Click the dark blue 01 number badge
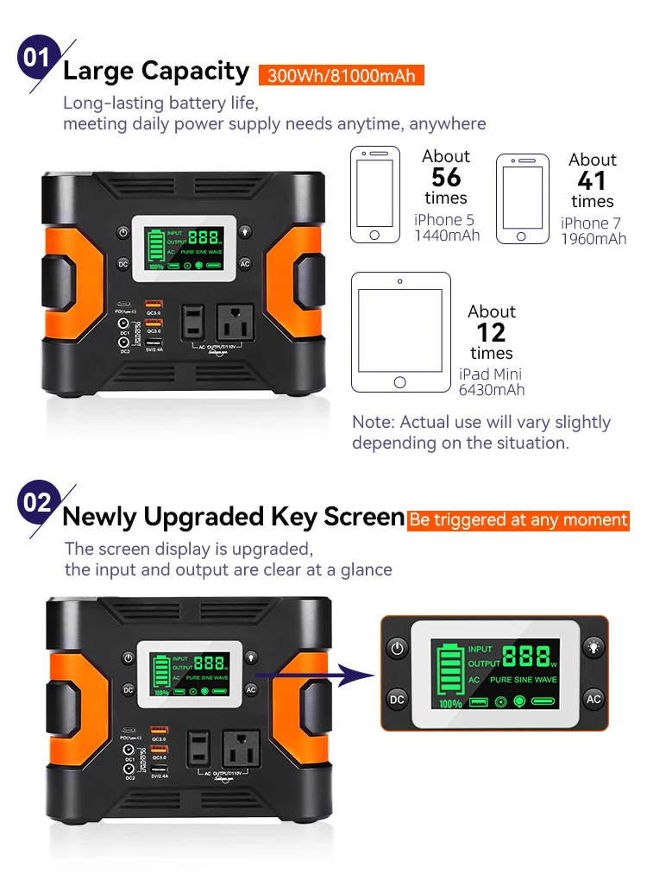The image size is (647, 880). (36, 58)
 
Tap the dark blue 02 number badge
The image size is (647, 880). (36, 501)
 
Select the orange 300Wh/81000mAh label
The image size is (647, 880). (341, 75)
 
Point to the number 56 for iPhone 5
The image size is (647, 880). (446, 178)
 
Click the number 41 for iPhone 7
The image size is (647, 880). (592, 181)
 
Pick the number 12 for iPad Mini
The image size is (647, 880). (491, 333)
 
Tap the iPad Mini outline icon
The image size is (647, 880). (400, 332)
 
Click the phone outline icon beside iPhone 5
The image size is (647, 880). (374, 194)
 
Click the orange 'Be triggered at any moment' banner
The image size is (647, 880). (518, 520)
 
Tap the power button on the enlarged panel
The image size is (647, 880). (397, 648)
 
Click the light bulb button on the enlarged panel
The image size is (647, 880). (593, 648)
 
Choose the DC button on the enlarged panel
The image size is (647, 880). (397, 698)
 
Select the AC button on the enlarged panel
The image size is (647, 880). (593, 698)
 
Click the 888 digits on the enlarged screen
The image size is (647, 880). (526, 657)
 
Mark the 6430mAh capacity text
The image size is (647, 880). (492, 390)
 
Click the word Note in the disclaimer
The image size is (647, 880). (371, 423)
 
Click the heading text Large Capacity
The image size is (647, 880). (156, 71)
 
